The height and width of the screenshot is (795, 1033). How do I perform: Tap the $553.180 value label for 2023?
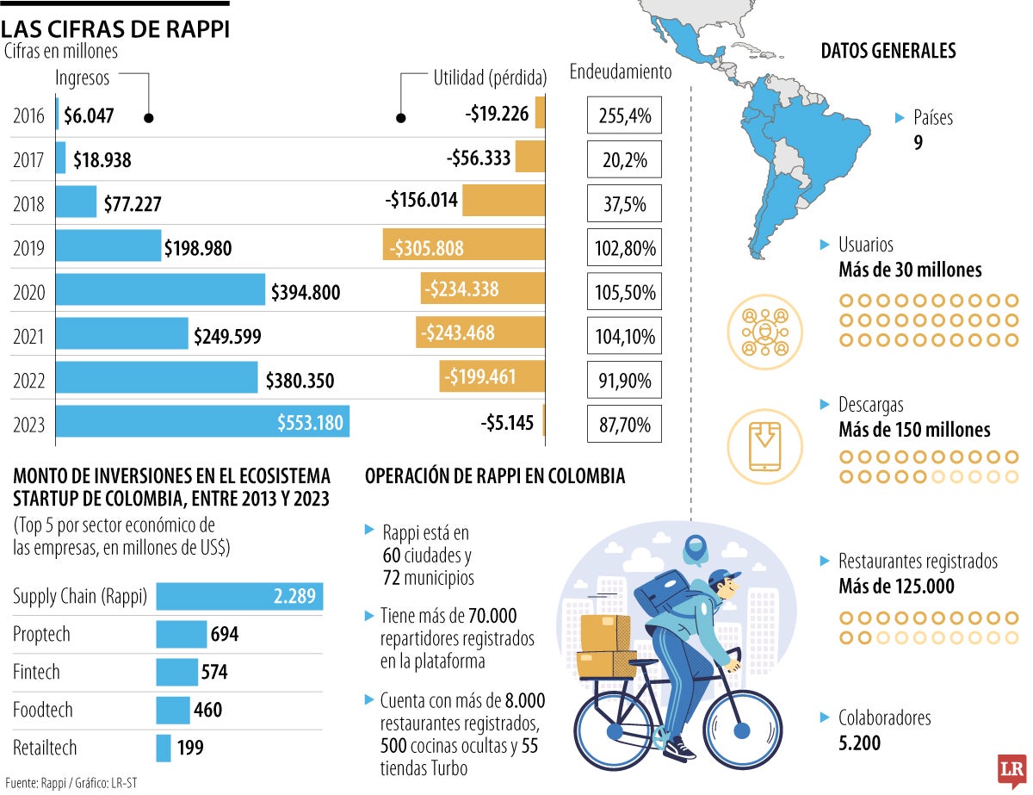click(310, 423)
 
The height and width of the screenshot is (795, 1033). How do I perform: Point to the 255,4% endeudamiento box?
click(624, 115)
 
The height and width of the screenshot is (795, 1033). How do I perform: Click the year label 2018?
click(29, 204)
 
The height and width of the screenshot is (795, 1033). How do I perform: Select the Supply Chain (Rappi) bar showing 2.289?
click(239, 596)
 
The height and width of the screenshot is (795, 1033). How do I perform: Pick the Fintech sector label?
click(36, 672)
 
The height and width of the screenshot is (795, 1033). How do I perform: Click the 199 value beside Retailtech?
click(189, 748)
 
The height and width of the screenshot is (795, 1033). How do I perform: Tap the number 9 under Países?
click(918, 142)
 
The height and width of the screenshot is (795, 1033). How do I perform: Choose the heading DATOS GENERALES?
click(888, 52)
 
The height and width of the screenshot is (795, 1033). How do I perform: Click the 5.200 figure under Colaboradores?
click(859, 742)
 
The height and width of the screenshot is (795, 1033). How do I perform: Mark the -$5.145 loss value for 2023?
click(507, 423)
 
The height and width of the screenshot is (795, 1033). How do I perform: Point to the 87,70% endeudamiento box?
click(624, 424)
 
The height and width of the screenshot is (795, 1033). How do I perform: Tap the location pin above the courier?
click(693, 547)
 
